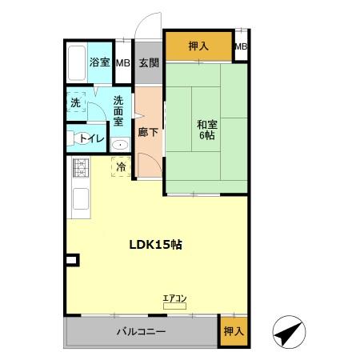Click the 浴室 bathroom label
[99, 62]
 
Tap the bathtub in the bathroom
[77, 63]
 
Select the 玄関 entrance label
[149, 63]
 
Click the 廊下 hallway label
[148, 132]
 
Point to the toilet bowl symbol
[79, 138]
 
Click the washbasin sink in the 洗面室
[120, 145]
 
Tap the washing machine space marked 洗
[77, 102]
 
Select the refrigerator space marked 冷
[121, 167]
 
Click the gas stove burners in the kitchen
[81, 168]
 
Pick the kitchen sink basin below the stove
[81, 198]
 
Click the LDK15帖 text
[156, 245]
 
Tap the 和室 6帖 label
[207, 130]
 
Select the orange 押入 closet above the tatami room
[198, 46]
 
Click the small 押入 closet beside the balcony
[234, 331]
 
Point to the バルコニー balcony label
[141, 331]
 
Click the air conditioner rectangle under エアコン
[174, 306]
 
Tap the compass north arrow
[290, 332]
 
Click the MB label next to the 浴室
[123, 63]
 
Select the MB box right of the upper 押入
[241, 46]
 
